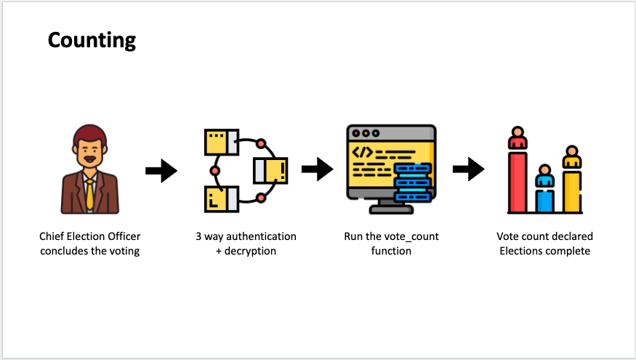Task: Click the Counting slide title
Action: [x=92, y=39]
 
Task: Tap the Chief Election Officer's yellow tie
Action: [x=89, y=193]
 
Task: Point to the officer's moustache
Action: [x=89, y=159]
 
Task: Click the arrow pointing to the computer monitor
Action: [x=317, y=170]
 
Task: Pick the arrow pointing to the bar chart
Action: [x=468, y=170]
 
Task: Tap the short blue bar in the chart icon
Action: [x=544, y=199]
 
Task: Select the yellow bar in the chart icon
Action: [x=572, y=191]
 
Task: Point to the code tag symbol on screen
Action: [x=363, y=153]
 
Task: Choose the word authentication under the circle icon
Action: [x=260, y=236]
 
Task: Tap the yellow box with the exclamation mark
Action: [x=270, y=170]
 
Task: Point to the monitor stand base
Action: [x=390, y=209]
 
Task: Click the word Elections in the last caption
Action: [x=523, y=251]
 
